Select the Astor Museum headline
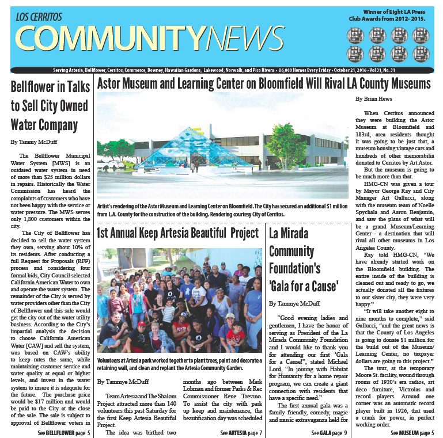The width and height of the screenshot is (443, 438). (x=264, y=84)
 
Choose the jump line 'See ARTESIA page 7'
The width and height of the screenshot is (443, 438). (x=241, y=432)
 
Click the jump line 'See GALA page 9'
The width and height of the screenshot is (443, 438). (x=329, y=432)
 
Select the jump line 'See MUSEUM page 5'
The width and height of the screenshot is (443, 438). (x=411, y=432)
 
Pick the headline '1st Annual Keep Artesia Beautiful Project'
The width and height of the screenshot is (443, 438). (x=178, y=233)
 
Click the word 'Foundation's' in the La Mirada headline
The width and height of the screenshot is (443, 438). (x=295, y=268)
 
